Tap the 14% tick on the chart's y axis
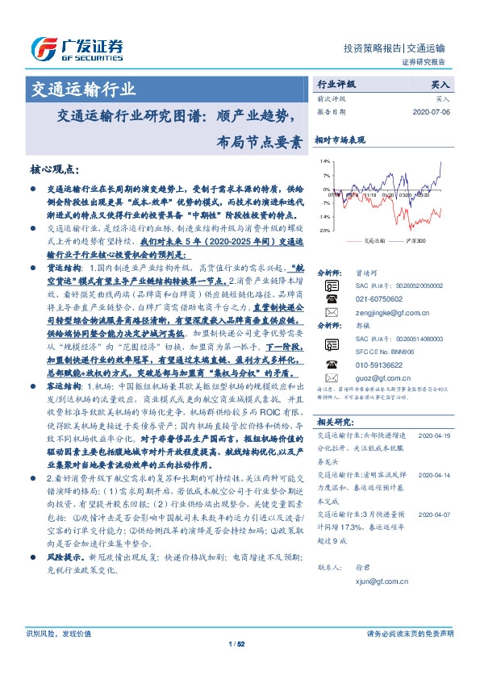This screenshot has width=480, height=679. point(323,161)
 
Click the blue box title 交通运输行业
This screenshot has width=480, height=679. point(83,89)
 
